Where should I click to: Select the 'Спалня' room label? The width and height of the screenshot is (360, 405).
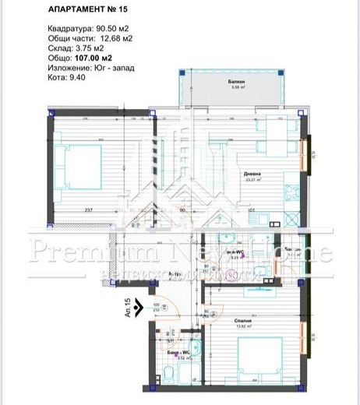click(x=242, y=319)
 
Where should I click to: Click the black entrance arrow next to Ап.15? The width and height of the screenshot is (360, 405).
click(x=139, y=309)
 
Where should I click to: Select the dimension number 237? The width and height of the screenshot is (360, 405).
click(x=88, y=210)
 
